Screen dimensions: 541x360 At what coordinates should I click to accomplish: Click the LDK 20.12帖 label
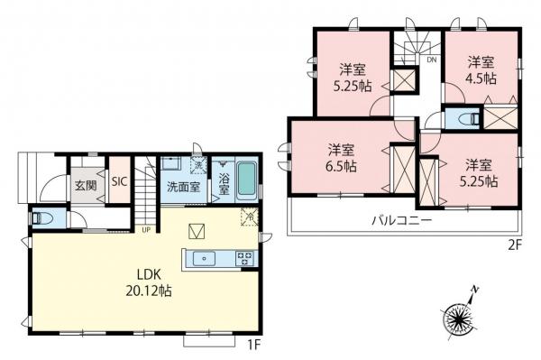[149, 283]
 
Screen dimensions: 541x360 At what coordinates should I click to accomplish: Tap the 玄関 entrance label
[86, 187]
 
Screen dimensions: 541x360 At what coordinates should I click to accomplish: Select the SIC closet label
[119, 181]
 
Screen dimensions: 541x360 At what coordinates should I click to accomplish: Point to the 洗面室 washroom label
[184, 187]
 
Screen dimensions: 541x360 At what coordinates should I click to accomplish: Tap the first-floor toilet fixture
[41, 218]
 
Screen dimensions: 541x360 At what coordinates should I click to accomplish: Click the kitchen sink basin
[204, 259]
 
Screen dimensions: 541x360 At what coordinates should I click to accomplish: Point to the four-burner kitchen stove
[245, 259]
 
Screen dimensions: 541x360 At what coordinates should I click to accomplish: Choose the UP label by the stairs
[146, 230]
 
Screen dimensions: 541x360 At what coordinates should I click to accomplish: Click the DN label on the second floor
[432, 60]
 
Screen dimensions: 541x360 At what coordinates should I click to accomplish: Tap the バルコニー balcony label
[401, 220]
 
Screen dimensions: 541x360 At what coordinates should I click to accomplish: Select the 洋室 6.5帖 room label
[341, 159]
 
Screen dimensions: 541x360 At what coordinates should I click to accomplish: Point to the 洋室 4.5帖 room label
[481, 70]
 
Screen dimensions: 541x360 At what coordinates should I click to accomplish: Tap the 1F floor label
[254, 345]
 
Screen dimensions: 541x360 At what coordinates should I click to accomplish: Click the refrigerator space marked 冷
[250, 217]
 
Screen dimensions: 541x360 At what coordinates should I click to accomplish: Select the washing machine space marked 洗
[198, 164]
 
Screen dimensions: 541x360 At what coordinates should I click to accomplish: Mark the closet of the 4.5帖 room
[500, 118]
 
